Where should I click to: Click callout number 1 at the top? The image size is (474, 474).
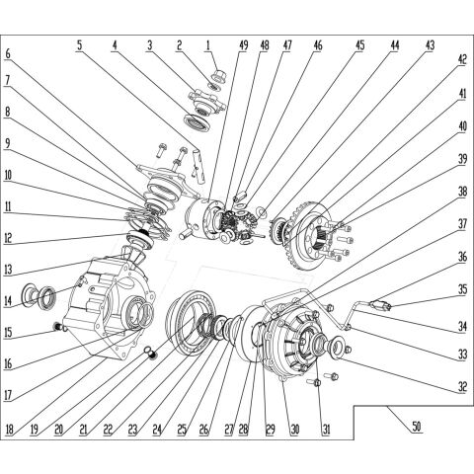(x=207, y=44)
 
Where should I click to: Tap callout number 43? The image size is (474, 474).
(x=429, y=44)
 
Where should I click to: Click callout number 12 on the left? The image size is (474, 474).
(x=9, y=238)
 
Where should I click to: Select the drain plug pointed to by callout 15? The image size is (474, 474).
(x=57, y=328)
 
